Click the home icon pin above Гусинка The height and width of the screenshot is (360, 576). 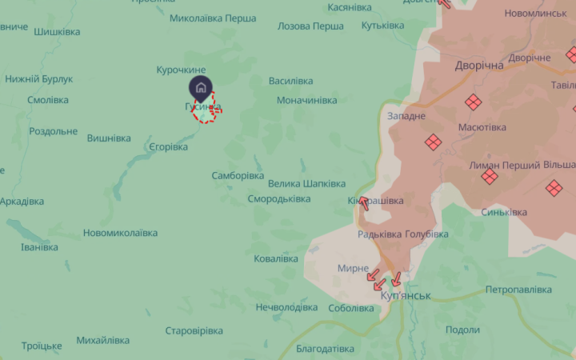[x=201, y=87]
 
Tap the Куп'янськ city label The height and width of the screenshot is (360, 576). [x=405, y=296]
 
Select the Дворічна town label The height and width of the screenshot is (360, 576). [x=479, y=66]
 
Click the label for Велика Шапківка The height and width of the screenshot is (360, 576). [x=307, y=183]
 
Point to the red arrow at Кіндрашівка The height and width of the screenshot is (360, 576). [x=364, y=203]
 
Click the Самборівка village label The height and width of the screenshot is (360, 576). [x=238, y=175]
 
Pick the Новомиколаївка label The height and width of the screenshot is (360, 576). [x=120, y=233]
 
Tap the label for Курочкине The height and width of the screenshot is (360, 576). [x=181, y=70]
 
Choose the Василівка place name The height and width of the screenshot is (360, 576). [x=295, y=82]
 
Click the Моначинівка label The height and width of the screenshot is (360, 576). [x=307, y=101]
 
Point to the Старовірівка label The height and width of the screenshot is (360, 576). [x=194, y=330]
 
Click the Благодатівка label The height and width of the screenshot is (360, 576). [x=325, y=349]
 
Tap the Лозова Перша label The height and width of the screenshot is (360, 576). [x=310, y=26]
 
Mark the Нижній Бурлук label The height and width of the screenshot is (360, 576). [x=39, y=79]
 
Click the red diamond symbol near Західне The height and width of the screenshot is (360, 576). [x=433, y=142]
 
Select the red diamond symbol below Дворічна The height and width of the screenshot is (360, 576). [x=474, y=102]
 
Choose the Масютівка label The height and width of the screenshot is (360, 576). [x=482, y=127]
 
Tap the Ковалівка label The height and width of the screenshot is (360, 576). [x=276, y=258]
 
